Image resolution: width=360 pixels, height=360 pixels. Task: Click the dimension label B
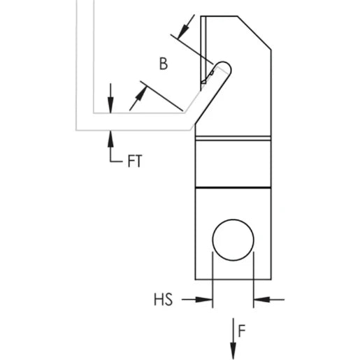point(163,64)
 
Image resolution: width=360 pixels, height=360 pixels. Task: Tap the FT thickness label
point(135,161)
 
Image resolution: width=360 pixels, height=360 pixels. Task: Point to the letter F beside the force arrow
point(241,331)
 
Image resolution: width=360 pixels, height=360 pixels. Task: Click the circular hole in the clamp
point(233,242)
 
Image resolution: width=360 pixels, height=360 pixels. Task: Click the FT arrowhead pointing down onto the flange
point(110,105)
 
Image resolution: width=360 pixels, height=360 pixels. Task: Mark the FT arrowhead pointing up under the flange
point(110,136)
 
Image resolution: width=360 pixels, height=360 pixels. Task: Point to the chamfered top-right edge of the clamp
point(254,32)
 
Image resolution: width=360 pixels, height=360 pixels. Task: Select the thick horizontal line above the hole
point(233,187)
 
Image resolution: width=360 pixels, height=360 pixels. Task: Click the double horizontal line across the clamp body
point(233,138)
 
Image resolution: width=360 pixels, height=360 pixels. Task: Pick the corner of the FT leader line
point(110,161)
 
